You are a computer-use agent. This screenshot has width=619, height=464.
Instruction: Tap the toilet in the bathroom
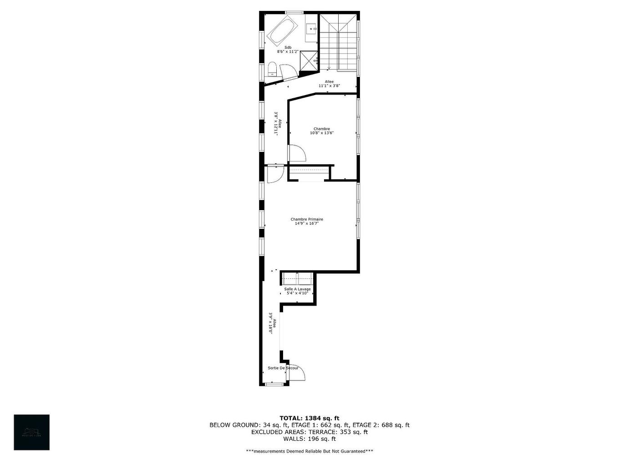(272, 70)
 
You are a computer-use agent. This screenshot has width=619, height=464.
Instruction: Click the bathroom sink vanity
(311, 28)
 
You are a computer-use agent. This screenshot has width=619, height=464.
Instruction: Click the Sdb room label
(288, 47)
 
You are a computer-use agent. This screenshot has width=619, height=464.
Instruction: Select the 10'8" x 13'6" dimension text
(322, 133)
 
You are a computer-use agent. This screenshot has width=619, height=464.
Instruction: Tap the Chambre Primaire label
(307, 219)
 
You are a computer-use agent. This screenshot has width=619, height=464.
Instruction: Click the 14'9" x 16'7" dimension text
(307, 224)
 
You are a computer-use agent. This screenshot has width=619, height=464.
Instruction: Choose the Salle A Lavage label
(297, 289)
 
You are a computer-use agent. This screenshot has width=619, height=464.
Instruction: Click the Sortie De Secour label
(283, 368)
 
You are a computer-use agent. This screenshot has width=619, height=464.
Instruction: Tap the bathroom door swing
(288, 72)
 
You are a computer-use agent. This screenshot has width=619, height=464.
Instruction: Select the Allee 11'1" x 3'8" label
(329, 84)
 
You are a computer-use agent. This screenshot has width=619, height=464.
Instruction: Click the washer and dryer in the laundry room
(297, 278)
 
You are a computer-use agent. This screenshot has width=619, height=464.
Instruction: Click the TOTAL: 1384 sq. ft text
(309, 418)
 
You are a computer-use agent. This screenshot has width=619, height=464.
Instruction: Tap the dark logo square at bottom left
(31, 432)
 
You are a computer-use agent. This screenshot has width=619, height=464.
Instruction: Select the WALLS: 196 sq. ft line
(309, 439)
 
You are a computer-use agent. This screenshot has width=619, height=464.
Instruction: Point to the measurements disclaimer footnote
(309, 451)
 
